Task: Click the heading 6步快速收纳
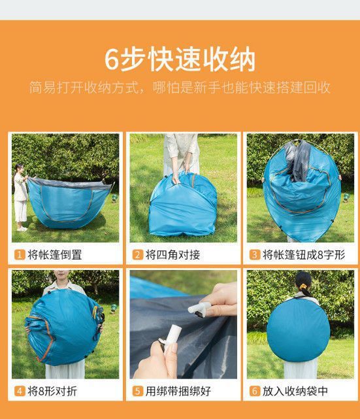pos(180,59)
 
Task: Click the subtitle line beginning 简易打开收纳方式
pos(180,88)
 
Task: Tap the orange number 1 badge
pos(20,255)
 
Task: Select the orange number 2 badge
pos(138,255)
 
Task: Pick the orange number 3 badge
pos(255,255)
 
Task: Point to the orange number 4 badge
pos(20,391)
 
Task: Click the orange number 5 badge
pos(138,391)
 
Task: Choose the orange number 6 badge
pos(255,391)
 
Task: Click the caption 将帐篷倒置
pos(55,255)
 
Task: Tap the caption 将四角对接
pos(172,255)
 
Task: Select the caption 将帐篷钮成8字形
pos(304,255)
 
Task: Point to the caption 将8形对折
pos(52,391)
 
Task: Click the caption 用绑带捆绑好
pos(178,391)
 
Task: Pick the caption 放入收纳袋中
pos(295,391)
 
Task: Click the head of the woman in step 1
pos(19,169)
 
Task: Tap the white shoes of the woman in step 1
pos(22,229)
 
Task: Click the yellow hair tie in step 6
pos(303,287)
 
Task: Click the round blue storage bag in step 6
pos(299,331)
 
